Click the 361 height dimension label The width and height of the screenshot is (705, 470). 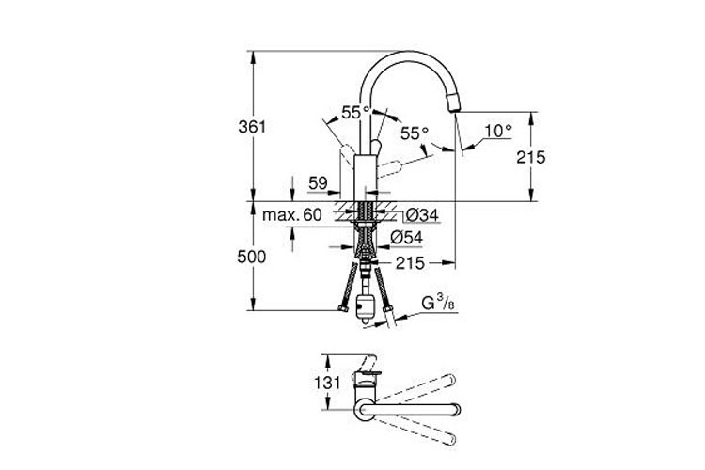click(252, 127)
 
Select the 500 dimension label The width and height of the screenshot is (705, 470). click(252, 257)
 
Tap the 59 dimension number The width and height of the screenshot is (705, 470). click(318, 183)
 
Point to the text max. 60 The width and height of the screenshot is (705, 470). click(291, 215)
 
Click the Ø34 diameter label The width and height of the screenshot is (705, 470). click(422, 215)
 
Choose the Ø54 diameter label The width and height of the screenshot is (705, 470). click(406, 238)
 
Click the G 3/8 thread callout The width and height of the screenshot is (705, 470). click(438, 304)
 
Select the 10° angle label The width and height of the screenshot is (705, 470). click(498, 131)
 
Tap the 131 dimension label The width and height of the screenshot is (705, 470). click(327, 383)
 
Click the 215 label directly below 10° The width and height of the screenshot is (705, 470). click(530, 157)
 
